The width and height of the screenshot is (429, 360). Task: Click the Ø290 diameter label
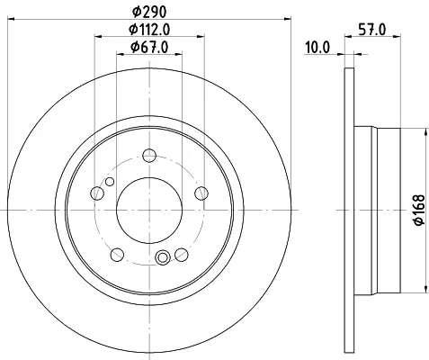tap(149, 12)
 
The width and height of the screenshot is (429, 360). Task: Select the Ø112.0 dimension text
tap(149, 30)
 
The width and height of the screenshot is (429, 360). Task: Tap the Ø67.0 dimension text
tap(149, 47)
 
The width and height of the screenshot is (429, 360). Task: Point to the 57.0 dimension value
tap(372, 30)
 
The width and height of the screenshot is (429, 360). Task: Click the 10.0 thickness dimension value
tap(317, 48)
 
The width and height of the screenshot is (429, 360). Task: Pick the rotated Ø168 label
tap(419, 210)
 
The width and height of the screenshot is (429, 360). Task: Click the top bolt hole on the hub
tap(149, 156)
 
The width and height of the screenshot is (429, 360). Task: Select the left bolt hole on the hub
tap(97, 193)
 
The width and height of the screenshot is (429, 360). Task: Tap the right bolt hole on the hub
tap(201, 193)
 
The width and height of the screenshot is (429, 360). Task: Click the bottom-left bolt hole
tap(117, 255)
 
